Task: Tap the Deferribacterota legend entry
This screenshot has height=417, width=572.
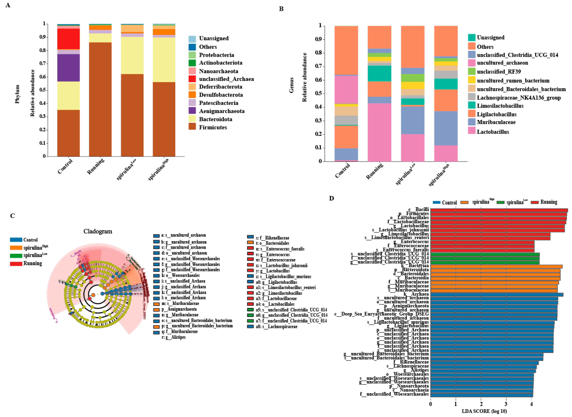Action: (x=220, y=87)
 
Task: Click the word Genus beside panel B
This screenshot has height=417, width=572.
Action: (x=291, y=85)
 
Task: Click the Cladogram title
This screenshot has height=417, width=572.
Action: (x=98, y=231)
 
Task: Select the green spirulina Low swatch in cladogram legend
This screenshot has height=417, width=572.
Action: (x=16, y=255)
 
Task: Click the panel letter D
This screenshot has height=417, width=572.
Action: (x=331, y=198)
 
